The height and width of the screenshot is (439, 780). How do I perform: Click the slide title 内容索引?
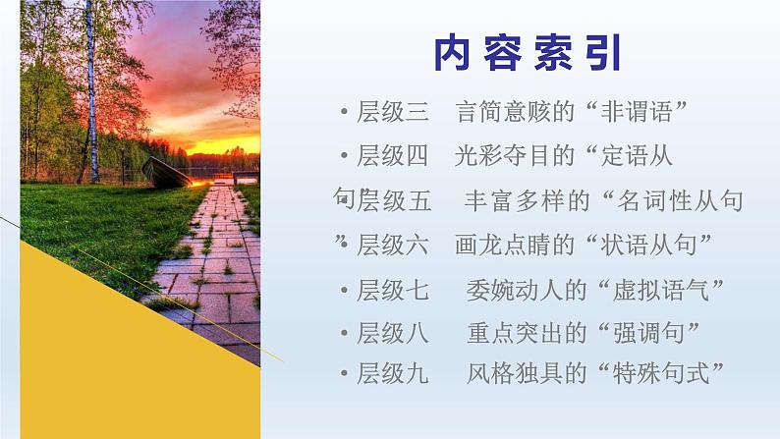point(529,53)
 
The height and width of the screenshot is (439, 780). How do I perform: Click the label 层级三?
point(393,111)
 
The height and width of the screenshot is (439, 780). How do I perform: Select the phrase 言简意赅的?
point(515,111)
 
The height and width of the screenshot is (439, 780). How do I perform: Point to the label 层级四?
point(393,155)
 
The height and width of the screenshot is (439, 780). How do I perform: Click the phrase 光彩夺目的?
point(515,155)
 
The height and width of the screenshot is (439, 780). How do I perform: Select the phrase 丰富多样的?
point(527,200)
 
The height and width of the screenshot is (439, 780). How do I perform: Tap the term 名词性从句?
point(680,200)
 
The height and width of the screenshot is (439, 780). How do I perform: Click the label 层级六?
point(393,245)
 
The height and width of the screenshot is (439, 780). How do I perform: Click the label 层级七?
point(393,290)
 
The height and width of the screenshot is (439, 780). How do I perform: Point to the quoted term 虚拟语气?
point(660,290)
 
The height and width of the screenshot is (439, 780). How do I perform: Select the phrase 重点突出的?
point(527,333)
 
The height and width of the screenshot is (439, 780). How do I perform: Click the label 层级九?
point(393,373)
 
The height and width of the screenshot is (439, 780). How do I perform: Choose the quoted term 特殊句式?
point(660,373)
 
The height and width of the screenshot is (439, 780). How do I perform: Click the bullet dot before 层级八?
point(344,333)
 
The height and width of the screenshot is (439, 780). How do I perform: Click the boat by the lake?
point(166,173)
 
